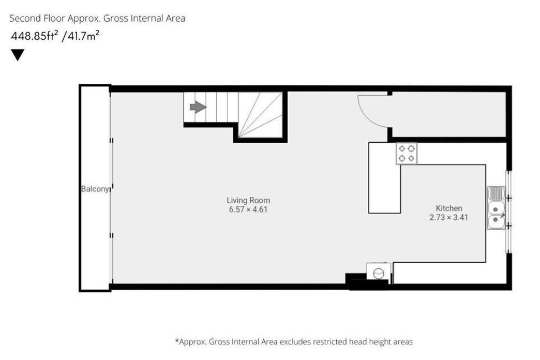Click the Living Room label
click(x=248, y=200)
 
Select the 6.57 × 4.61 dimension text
click(x=248, y=209)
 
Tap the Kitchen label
click(x=449, y=208)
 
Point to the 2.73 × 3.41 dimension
click(x=449, y=217)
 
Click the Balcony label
click(x=95, y=189)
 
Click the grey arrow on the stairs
click(x=198, y=107)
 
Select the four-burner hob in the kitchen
click(x=407, y=153)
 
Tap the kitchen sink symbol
click(x=496, y=208)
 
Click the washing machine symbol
click(x=379, y=272)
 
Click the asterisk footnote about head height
click(x=294, y=342)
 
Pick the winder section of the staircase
click(x=260, y=115)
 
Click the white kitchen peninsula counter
click(x=385, y=178)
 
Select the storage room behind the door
click(x=449, y=114)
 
